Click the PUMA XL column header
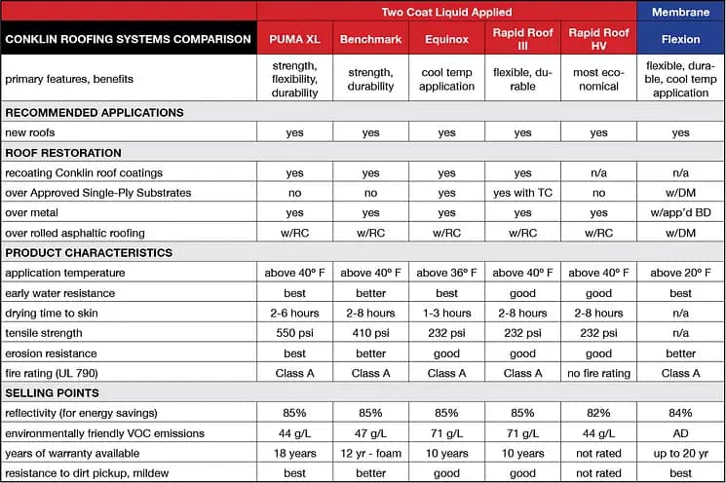click(294, 42)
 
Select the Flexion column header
click(680, 42)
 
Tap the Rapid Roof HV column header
click(598, 41)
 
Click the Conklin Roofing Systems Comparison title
click(129, 41)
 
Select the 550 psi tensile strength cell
click(294, 333)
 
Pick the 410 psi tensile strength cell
click(370, 333)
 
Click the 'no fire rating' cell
click(598, 373)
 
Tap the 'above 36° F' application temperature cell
click(446, 273)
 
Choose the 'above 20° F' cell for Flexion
click(680, 273)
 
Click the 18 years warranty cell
click(294, 453)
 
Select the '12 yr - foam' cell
click(370, 453)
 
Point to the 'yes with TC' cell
click(522, 193)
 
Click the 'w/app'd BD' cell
click(680, 212)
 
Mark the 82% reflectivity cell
click(598, 413)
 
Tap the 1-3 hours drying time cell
click(446, 313)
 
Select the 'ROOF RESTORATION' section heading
click(64, 153)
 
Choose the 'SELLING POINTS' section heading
click(53, 392)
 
